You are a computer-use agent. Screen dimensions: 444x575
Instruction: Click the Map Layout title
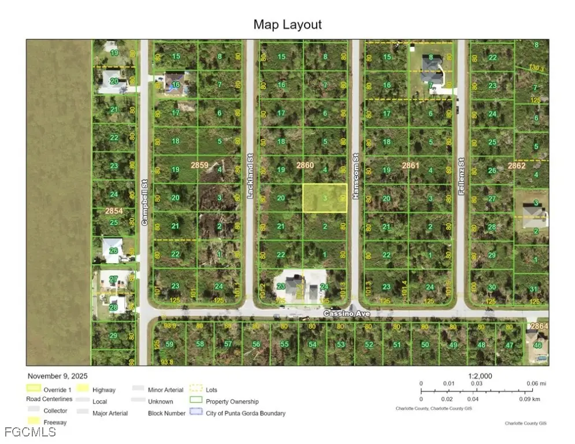(x=287, y=24)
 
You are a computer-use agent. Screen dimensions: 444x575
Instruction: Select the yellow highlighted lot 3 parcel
(x=325, y=198)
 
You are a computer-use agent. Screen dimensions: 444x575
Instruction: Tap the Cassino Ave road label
(x=346, y=313)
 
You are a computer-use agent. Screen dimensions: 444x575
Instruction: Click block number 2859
(x=199, y=165)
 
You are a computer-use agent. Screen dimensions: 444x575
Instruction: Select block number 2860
(x=305, y=165)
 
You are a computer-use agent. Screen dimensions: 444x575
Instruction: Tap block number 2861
(x=410, y=165)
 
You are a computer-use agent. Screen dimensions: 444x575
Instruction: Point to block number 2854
(x=114, y=212)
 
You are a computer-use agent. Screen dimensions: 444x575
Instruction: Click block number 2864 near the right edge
(x=539, y=327)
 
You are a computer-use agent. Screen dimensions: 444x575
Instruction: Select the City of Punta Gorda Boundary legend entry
(x=245, y=413)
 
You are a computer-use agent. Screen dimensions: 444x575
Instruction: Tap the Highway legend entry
(x=103, y=390)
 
